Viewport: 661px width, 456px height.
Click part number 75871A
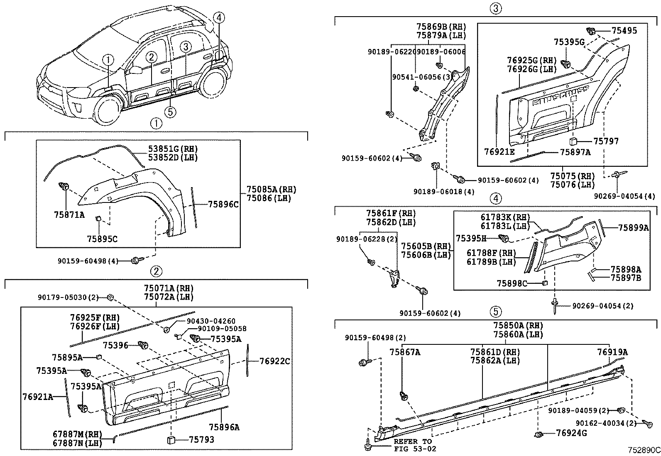(69, 215)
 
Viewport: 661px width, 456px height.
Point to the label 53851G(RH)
(173, 149)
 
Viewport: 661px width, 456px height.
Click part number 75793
(201, 439)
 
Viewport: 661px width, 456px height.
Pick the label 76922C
(275, 361)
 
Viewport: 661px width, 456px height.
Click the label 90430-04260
(211, 321)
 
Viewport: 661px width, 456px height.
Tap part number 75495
(624, 30)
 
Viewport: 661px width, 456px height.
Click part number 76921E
(499, 152)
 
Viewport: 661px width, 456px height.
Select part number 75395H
(471, 238)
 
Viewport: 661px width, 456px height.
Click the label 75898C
(512, 283)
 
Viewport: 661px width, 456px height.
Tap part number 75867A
(405, 352)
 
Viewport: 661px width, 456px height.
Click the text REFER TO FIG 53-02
(413, 445)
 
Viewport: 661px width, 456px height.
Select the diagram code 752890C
(644, 450)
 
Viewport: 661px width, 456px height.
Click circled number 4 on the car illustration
(220, 17)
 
